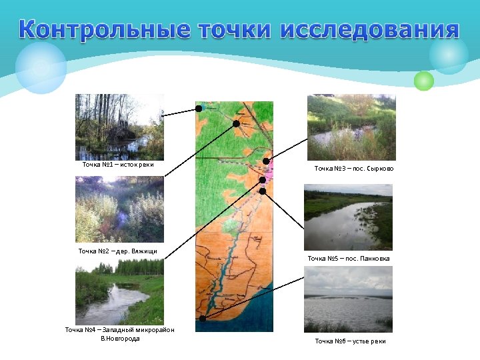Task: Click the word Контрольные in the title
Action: point(107,30)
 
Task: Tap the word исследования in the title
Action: point(370,30)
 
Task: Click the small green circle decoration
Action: point(423,81)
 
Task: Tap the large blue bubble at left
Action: point(41,67)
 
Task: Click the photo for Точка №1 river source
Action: point(119,126)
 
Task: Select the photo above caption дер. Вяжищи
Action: point(119,209)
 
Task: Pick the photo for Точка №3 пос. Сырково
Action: point(351,127)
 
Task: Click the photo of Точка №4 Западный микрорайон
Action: point(119,291)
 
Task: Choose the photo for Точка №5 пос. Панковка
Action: point(348,217)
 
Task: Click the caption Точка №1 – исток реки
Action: point(118,164)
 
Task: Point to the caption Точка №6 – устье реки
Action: point(350,341)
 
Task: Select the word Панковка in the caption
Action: point(374,258)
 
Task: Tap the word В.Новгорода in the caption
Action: point(120,338)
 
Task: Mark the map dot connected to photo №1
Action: point(199,108)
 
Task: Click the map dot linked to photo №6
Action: point(203,318)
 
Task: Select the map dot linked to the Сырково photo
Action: point(266,161)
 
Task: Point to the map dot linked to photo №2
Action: point(236,123)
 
